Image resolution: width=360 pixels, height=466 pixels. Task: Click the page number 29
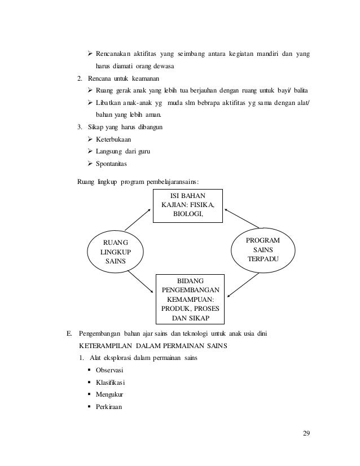click(x=306, y=433)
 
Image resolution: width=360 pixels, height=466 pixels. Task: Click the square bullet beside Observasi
click(x=90, y=370)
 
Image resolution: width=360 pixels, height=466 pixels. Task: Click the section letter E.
click(x=70, y=333)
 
